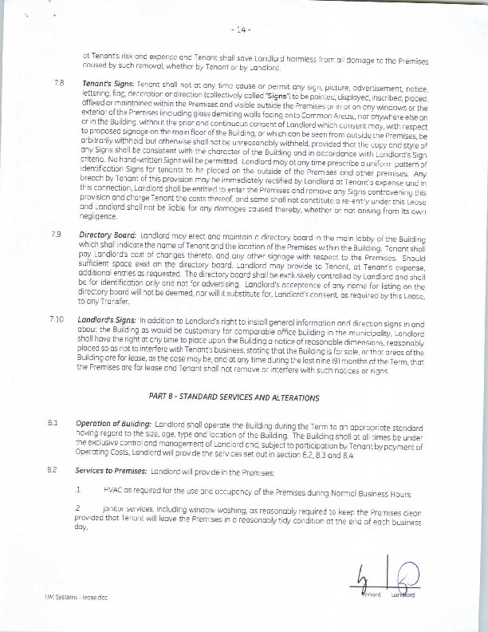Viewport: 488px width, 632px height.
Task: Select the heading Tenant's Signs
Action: click(x=108, y=84)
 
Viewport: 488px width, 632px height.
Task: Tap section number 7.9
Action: click(x=57, y=235)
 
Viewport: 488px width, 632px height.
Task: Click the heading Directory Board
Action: click(x=109, y=235)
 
